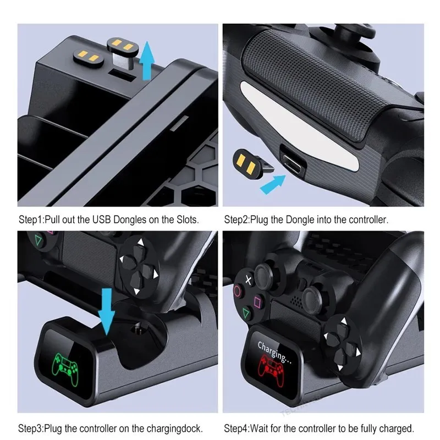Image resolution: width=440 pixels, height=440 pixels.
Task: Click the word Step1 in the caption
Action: click(x=30, y=219)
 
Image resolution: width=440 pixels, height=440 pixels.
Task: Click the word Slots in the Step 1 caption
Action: click(x=184, y=219)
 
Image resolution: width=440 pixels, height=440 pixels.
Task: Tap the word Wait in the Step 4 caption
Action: click(x=262, y=427)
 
